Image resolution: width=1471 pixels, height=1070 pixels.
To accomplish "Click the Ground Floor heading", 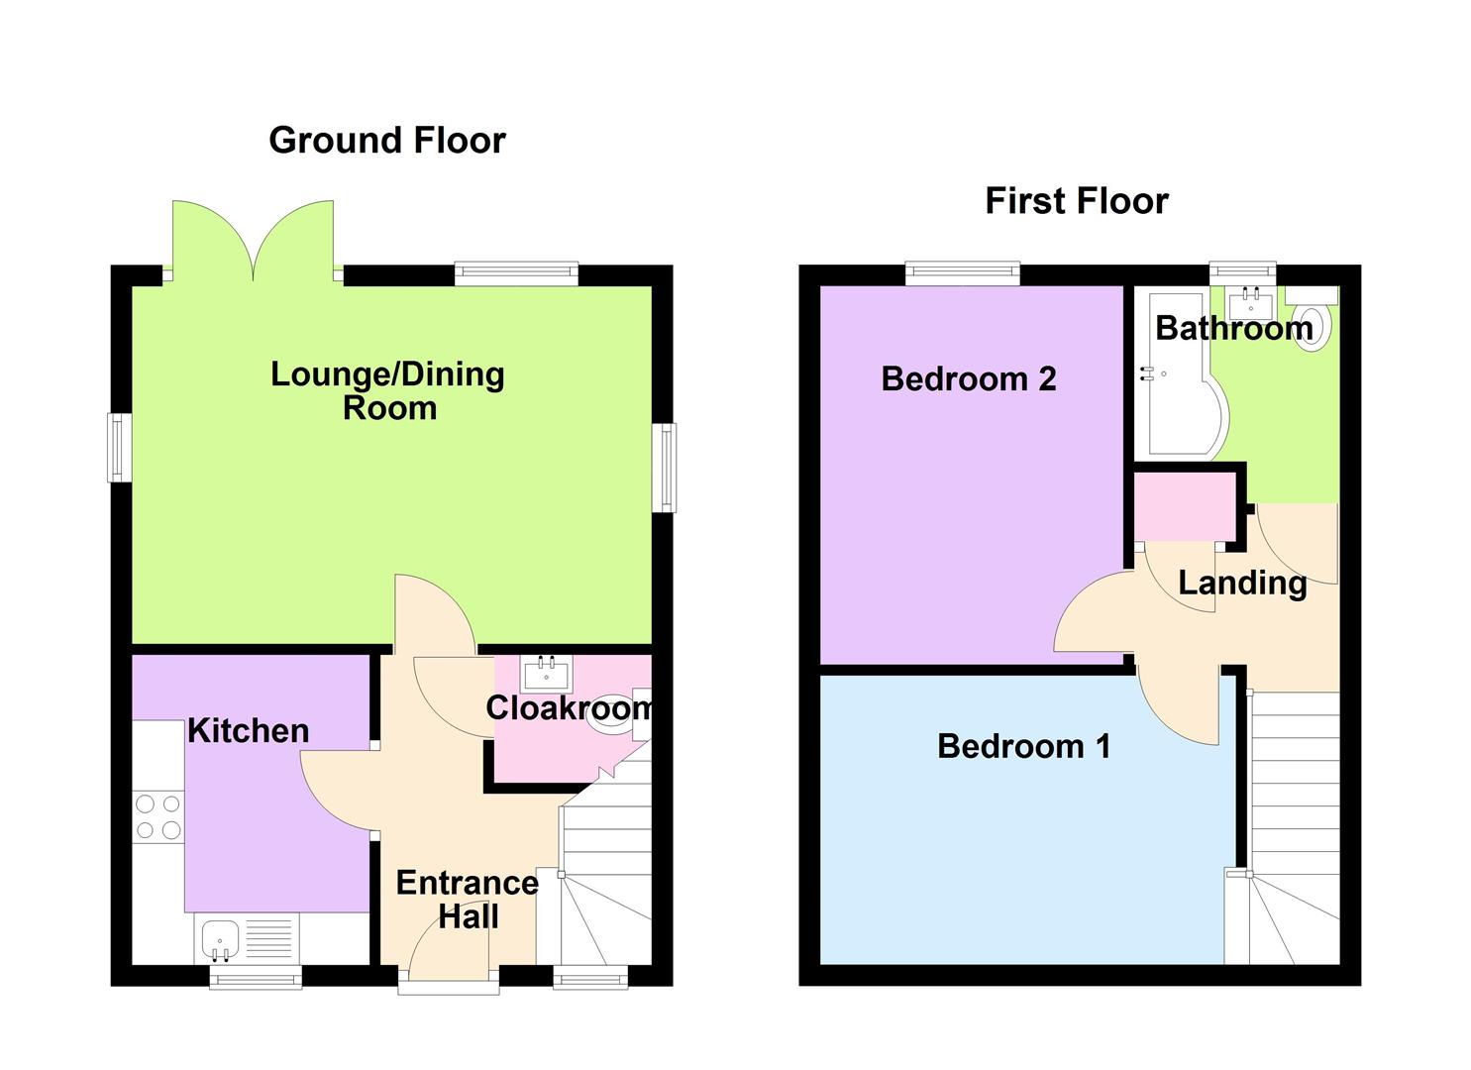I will coord(386,141).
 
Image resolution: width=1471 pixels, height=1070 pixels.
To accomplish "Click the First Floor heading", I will coord(1076,201).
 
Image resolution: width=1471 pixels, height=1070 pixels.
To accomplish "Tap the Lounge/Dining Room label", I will coord(387,390).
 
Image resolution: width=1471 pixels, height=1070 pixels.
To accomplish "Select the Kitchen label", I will coord(248,731).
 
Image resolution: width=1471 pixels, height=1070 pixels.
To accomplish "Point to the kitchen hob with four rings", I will coord(158,816).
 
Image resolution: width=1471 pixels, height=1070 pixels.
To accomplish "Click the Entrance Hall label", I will coord(467,900).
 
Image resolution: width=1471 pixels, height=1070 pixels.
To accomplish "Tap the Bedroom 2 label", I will coord(968,379).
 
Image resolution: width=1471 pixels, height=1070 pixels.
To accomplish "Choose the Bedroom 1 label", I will coord(1023,746).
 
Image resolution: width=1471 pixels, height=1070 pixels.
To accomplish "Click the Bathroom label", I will coord(1233,328).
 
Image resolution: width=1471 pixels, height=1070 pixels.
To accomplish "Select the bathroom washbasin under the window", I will coord(1251,298).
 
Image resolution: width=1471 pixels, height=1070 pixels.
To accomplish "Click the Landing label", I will coord(1242,583).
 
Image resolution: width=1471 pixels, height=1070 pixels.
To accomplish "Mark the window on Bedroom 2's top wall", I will coord(962,272).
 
